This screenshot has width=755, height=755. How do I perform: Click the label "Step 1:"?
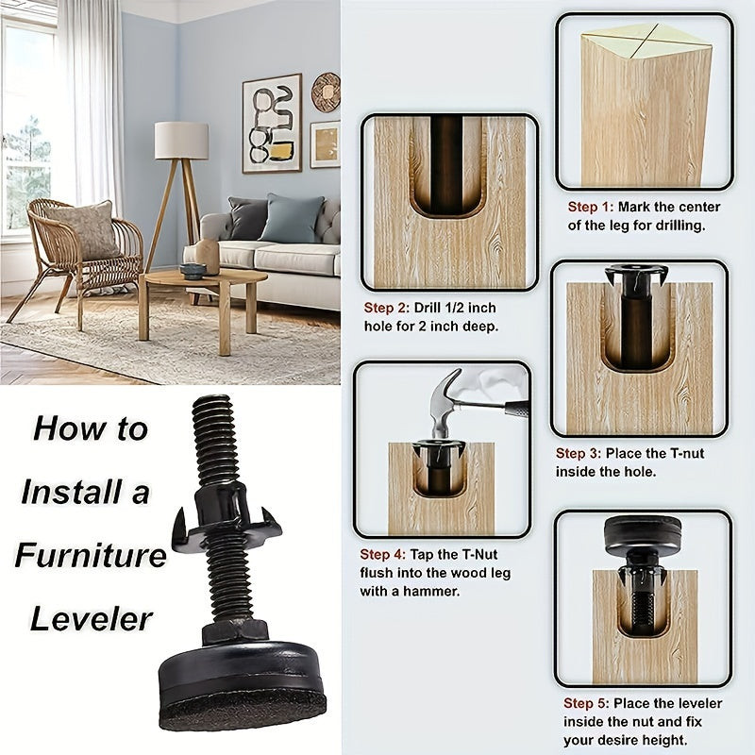coord(591,207)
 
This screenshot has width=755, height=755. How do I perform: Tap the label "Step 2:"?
coord(387,308)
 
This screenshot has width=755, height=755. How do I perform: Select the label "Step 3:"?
coord(579,453)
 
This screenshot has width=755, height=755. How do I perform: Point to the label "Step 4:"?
coord(383,554)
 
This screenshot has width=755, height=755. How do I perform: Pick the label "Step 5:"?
coord(586,703)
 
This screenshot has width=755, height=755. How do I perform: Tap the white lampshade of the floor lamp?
coord(181,140)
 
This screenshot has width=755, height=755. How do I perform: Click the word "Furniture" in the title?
coord(91,555)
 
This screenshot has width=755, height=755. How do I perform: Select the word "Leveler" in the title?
coord(91,619)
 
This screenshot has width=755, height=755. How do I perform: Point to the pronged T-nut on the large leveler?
coord(226,517)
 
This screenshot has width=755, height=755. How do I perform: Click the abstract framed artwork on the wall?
coord(272,124)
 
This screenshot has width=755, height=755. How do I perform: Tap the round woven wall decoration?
coord(326,92)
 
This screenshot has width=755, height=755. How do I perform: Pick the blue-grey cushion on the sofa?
coord(292,218)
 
